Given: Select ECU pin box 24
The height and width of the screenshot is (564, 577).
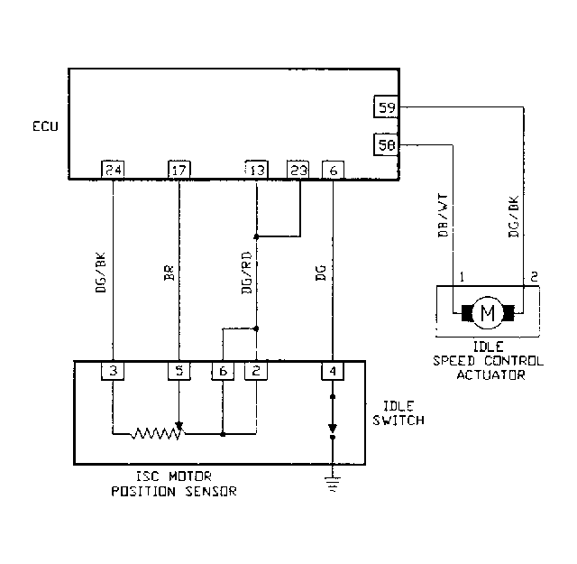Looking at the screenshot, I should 113,169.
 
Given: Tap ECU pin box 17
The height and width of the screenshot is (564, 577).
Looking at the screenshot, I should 179,169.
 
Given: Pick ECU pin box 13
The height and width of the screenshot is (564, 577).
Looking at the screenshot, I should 257,169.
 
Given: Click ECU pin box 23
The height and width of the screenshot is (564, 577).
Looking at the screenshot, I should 298,169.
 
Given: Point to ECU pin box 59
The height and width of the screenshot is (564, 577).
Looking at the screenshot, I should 387,108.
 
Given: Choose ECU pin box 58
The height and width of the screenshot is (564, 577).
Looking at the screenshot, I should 387,144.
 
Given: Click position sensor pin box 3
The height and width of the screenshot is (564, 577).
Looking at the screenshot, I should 113,370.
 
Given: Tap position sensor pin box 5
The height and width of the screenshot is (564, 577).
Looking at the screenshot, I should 179,370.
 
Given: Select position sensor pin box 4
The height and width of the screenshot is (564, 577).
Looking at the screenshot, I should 333,370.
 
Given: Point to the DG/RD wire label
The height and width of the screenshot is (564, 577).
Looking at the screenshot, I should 246,272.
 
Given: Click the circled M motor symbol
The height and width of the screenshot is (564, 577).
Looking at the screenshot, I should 488,313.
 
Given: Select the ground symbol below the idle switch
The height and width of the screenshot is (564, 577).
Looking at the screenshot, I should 333,488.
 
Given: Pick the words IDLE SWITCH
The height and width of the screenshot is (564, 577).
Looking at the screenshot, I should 397,413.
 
